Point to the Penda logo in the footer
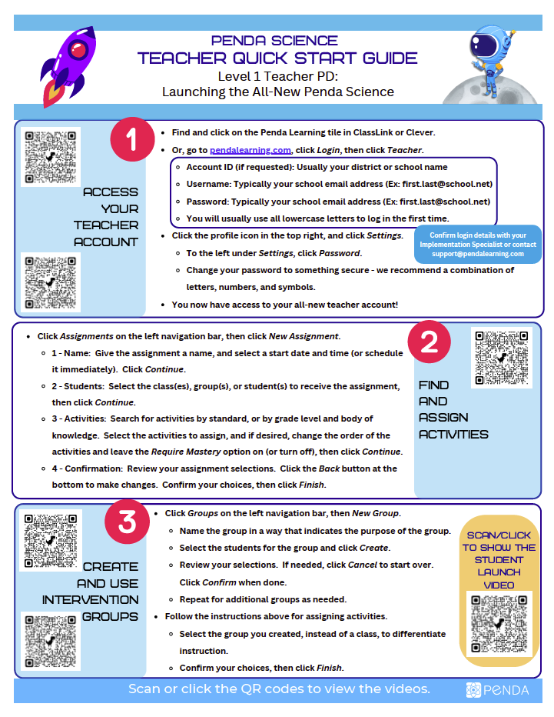pos(497,690)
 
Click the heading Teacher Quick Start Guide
pos(277,58)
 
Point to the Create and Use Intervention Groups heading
pos(91,592)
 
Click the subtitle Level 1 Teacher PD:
pos(277,76)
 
